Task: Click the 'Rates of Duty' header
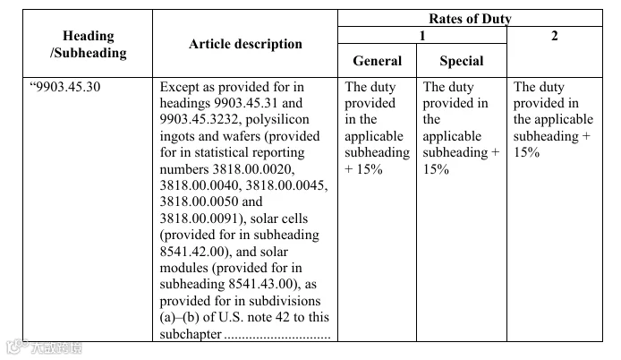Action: [470, 18]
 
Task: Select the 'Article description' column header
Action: [245, 44]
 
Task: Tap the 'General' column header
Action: [377, 61]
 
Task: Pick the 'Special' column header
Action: [462, 61]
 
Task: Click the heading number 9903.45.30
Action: [68, 87]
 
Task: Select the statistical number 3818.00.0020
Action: [253, 169]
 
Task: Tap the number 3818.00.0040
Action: [200, 185]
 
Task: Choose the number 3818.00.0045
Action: [286, 185]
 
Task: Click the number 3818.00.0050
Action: [200, 201]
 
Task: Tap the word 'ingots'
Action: [177, 136]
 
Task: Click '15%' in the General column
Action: [370, 169]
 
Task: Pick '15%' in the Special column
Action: [436, 169]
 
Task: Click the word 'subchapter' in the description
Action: [191, 334]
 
